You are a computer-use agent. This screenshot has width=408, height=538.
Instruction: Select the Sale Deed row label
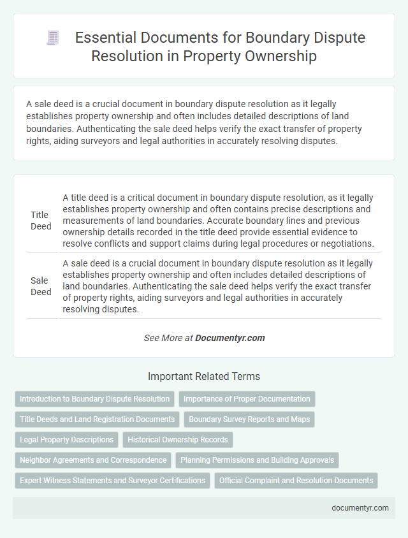[x=41, y=285]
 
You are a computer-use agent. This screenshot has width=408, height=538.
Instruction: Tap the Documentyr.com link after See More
[x=230, y=338]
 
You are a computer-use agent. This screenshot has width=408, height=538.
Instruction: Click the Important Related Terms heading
[x=204, y=376]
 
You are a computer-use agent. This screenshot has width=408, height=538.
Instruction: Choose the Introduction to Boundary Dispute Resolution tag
[x=95, y=399]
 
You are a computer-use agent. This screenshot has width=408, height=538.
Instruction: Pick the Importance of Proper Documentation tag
[x=247, y=399]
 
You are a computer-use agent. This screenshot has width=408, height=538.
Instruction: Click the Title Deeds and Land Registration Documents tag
[x=97, y=419]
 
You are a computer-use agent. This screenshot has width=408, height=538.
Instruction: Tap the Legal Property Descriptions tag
[x=66, y=440]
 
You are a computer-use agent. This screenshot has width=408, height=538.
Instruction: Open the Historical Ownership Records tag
[x=178, y=440]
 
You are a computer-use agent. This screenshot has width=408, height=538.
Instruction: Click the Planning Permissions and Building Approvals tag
[x=257, y=460]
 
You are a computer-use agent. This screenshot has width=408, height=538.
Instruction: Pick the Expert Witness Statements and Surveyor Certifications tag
[x=112, y=481]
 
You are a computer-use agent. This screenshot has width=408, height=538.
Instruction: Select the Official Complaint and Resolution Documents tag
[x=296, y=481]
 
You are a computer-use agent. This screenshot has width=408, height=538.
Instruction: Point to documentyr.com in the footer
[x=360, y=507]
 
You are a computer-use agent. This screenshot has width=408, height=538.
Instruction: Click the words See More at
[x=168, y=338]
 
